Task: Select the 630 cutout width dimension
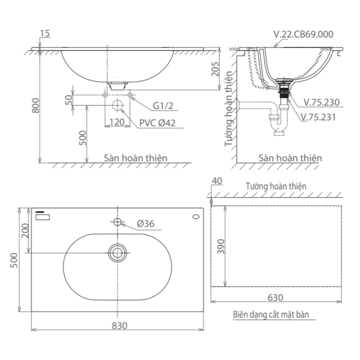(275, 297)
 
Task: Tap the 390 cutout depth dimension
(221, 247)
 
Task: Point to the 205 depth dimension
(215, 68)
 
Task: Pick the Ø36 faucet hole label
(145, 224)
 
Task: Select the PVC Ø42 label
(157, 123)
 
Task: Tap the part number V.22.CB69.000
(303, 34)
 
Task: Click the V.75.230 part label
(321, 102)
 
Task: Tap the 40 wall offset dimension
(217, 181)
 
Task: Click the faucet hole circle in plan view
(118, 221)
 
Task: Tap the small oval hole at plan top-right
(196, 217)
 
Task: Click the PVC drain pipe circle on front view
(118, 105)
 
